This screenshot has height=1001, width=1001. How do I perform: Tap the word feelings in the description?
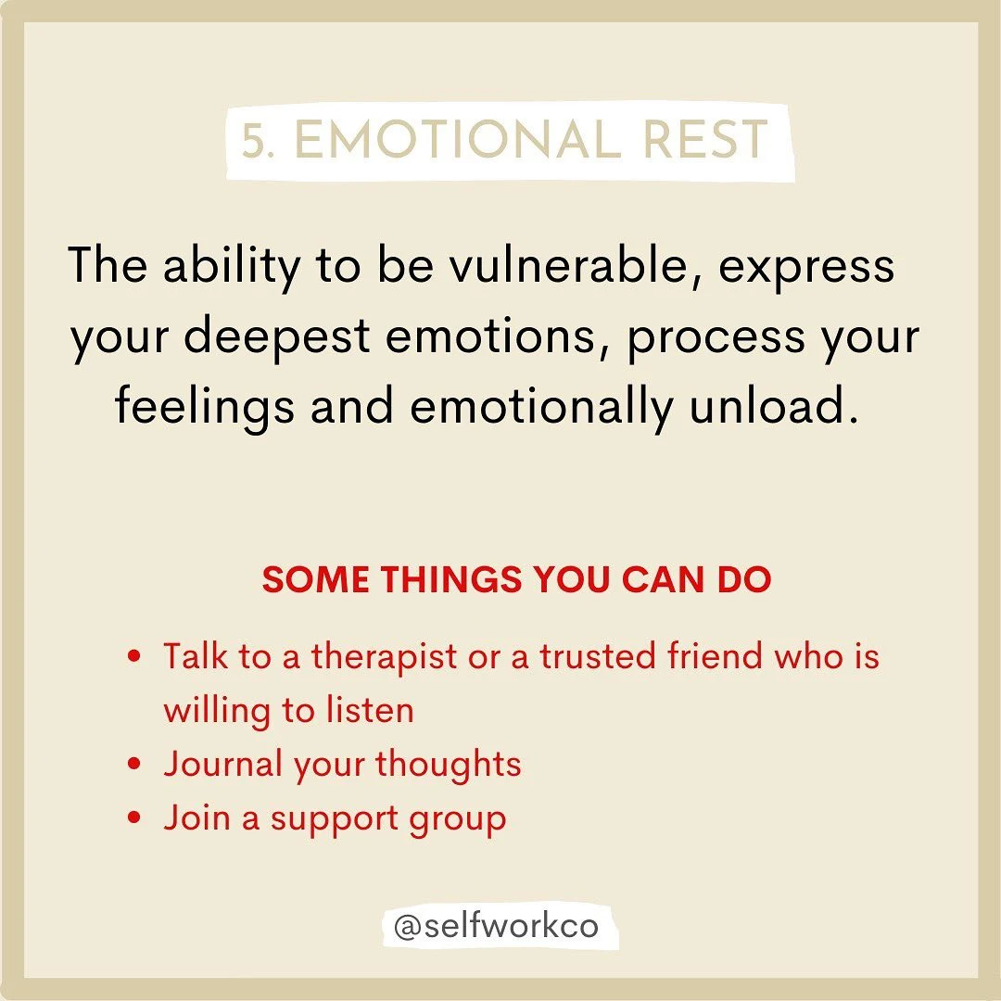point(203,409)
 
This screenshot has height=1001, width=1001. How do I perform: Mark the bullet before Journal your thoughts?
point(135,766)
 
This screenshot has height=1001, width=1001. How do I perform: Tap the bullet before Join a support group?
point(135,819)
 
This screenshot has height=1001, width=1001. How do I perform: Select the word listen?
point(370,711)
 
